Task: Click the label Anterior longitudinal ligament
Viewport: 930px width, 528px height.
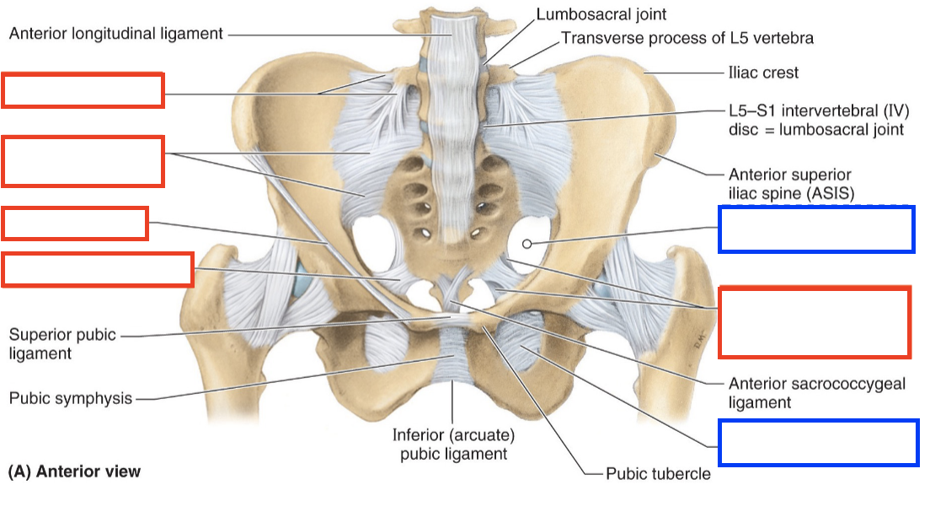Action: (116, 35)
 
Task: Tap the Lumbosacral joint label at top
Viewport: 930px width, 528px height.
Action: (601, 14)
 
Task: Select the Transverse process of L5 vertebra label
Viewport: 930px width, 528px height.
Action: (687, 38)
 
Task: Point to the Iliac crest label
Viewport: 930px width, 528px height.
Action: (763, 73)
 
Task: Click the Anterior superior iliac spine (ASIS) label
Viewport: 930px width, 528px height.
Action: (791, 184)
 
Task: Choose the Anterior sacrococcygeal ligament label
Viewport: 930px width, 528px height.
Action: (816, 392)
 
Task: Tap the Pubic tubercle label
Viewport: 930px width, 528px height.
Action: (658, 473)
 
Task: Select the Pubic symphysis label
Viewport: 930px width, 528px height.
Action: (71, 398)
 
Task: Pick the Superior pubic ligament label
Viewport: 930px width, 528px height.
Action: (62, 344)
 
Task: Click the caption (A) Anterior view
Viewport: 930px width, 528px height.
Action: (74, 471)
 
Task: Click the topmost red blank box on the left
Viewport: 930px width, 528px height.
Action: (83, 91)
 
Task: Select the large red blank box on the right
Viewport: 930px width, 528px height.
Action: (814, 321)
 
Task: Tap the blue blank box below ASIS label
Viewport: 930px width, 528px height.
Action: (815, 229)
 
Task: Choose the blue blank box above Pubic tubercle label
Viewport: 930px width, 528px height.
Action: (817, 442)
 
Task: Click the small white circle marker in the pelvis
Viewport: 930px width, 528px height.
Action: (527, 244)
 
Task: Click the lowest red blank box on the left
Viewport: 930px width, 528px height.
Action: (98, 269)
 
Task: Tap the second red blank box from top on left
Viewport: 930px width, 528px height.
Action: (83, 160)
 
